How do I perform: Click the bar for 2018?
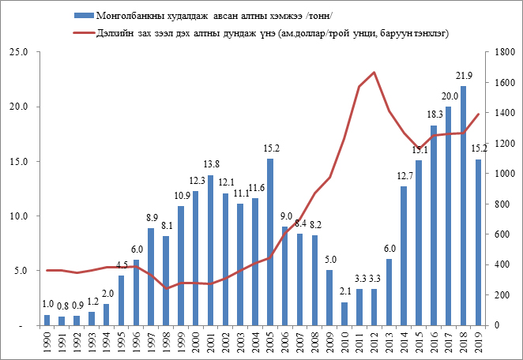pos(463,205)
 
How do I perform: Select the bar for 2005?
pos(270,242)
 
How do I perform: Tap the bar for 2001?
pos(211,249)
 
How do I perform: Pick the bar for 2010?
pos(344,313)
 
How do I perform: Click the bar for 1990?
pos(47,320)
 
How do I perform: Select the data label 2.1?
pos(344,292)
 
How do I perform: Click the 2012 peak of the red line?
pos(374,73)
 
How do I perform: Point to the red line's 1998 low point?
pos(166,288)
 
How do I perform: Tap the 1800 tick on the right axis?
pos(495,52)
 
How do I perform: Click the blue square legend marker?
pos(81,15)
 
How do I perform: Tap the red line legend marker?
pos(81,33)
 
